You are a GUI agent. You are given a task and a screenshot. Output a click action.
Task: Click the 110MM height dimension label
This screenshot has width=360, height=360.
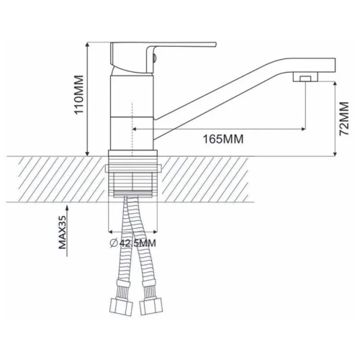point(79,95)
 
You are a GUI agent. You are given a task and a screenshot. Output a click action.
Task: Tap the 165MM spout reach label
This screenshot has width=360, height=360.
point(223,139)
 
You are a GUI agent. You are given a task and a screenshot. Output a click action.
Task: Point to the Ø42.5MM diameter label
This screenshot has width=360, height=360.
point(133,243)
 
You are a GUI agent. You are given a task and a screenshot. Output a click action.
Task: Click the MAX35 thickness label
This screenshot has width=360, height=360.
point(62,232)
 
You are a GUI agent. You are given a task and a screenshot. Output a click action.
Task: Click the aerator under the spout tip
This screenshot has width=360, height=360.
point(305,77)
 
